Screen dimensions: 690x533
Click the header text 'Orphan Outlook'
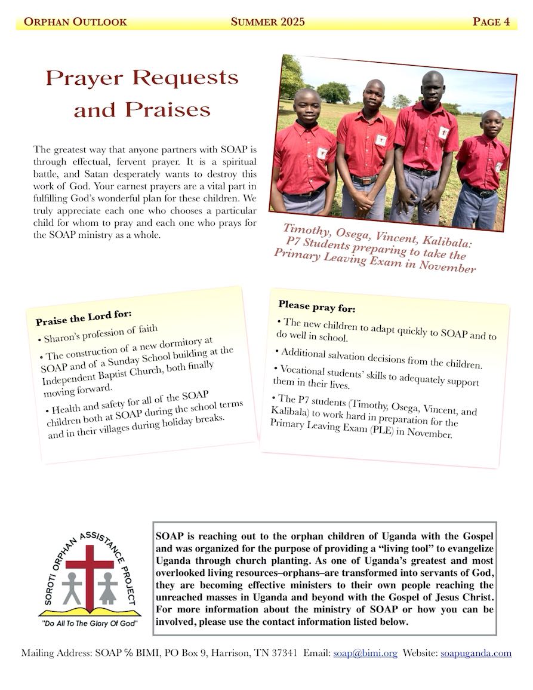[75, 22]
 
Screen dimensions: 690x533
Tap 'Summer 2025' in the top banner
[267, 22]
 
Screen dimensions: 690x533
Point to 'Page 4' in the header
[491, 22]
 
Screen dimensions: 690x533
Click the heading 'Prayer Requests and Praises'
[142, 93]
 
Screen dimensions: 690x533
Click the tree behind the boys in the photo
[333, 92]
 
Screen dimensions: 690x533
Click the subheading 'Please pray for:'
[316, 307]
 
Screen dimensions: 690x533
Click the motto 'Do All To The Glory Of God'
[90, 623]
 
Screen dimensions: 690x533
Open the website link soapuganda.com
[476, 654]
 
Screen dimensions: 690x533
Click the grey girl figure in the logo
[107, 588]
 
